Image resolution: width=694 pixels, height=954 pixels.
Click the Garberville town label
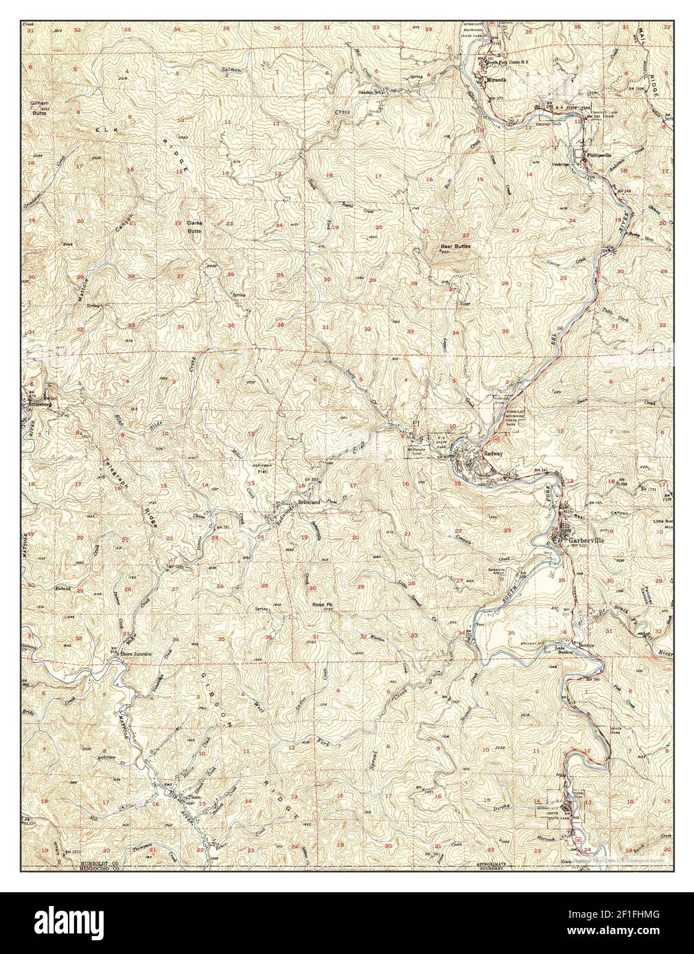[587, 539]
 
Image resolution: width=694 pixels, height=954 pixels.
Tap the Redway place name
[494, 454]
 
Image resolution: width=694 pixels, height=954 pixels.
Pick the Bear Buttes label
[455, 246]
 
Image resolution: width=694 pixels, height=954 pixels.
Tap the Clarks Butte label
[196, 227]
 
